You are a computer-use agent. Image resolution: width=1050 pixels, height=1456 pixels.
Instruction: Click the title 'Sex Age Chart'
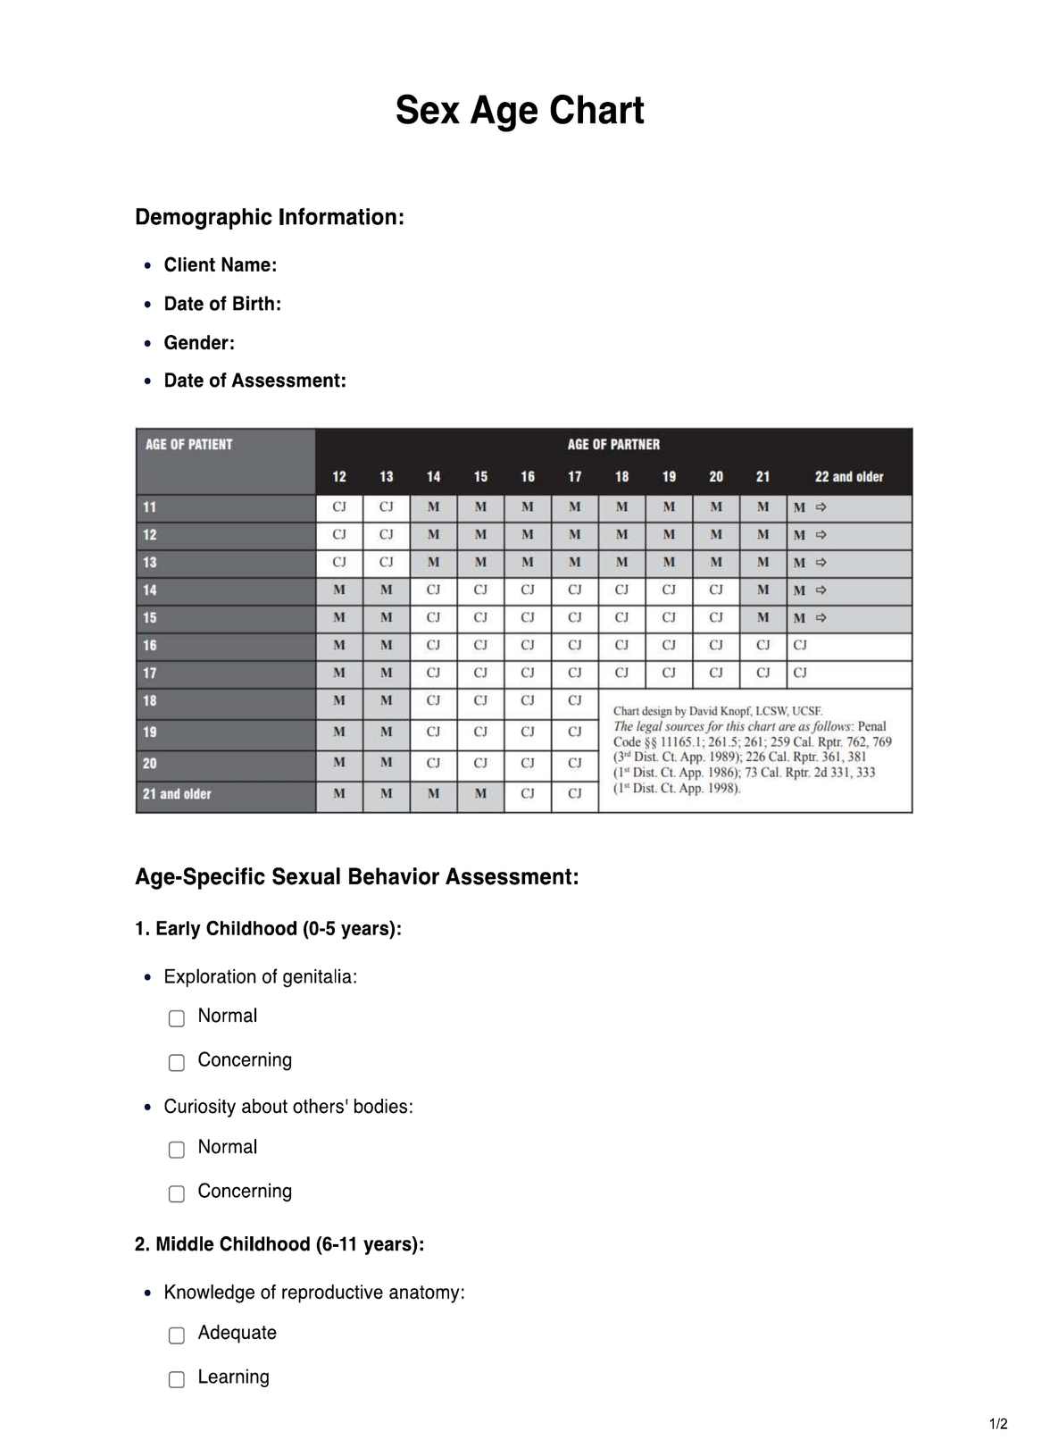[x=520, y=111]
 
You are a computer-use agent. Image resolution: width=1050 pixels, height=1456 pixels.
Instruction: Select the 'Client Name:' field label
[x=221, y=265]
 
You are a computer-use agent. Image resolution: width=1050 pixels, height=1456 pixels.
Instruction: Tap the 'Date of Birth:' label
[x=222, y=304]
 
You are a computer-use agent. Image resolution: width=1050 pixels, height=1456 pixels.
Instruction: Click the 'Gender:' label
[x=199, y=343]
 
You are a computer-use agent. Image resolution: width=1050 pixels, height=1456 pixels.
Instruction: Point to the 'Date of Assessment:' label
[x=254, y=381]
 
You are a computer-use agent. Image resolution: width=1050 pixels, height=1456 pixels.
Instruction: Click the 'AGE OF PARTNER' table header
[x=613, y=444]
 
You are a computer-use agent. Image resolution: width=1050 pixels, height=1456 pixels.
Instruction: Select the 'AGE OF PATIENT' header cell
[x=189, y=444]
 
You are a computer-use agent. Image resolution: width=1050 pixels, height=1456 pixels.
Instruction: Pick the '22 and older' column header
[x=848, y=477]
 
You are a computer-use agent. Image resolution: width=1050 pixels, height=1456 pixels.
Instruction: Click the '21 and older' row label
[x=177, y=794]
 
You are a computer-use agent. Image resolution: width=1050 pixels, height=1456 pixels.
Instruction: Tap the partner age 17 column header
[x=575, y=477]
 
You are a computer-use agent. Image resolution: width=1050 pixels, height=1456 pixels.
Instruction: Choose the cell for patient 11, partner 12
[x=339, y=507]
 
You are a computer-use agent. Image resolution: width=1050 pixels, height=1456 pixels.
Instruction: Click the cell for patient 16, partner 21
[x=762, y=645]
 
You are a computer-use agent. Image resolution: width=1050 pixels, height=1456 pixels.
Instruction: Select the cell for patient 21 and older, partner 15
[x=480, y=793]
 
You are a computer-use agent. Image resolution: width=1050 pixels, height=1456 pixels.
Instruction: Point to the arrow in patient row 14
[x=821, y=590]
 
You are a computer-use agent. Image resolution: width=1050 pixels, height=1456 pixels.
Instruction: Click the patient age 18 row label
[x=150, y=701]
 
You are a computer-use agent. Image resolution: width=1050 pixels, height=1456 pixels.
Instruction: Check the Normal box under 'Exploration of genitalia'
[x=177, y=1018]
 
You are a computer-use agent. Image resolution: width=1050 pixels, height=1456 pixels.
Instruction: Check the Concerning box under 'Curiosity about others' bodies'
[x=177, y=1193]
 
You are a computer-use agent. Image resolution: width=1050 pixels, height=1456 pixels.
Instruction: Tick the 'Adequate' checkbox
[x=177, y=1335]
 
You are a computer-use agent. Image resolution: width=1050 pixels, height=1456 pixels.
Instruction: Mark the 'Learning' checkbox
[x=177, y=1379]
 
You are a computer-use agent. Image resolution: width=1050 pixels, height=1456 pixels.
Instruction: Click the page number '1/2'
[x=998, y=1424]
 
